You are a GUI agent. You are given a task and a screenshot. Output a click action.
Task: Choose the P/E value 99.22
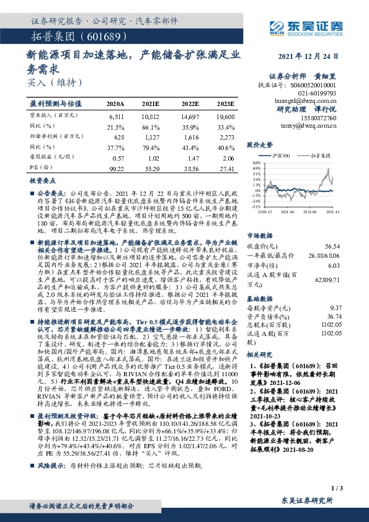click(116, 169)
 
